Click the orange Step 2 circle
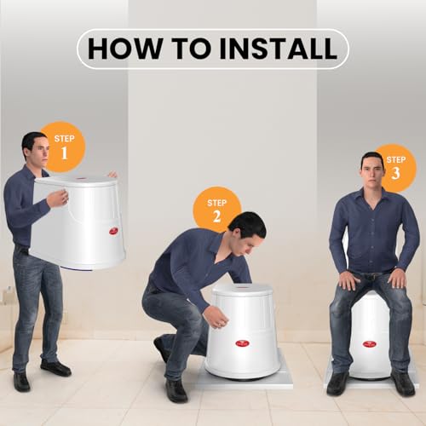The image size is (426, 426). point(216,208)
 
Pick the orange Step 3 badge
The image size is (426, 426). point(394,167)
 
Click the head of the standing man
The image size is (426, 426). point(33,150)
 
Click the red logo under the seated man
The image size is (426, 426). point(369,343)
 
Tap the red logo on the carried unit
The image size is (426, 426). point(112,230)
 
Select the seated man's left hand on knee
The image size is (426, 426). point(397,279)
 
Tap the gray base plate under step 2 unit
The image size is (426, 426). point(281,379)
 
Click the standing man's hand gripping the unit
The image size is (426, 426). point(57,198)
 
